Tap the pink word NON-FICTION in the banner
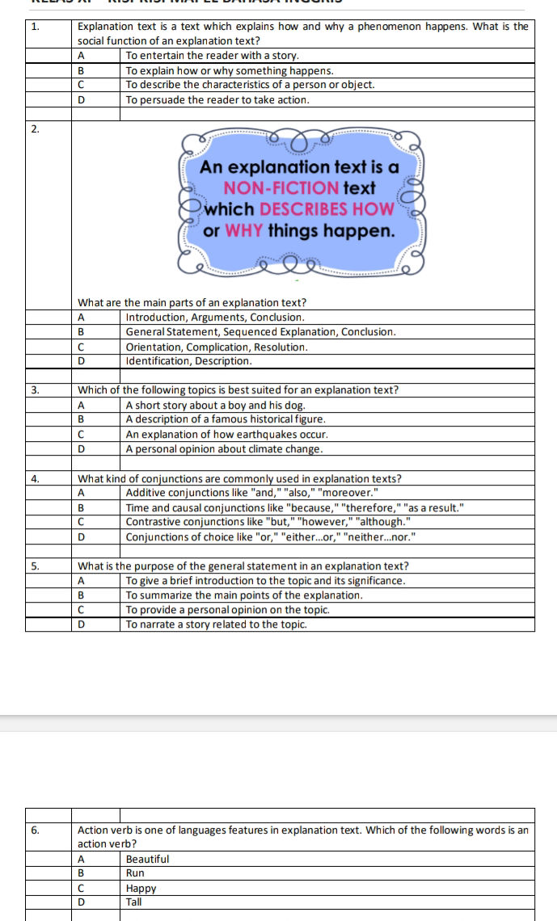(281, 188)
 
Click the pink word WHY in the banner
(240, 230)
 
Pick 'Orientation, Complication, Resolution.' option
(217, 347)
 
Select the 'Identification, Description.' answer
(189, 360)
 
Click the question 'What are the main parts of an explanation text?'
(192, 303)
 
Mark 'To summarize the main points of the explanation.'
(244, 595)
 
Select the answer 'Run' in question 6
(135, 873)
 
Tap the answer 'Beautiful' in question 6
(147, 859)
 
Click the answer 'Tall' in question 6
(133, 902)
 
